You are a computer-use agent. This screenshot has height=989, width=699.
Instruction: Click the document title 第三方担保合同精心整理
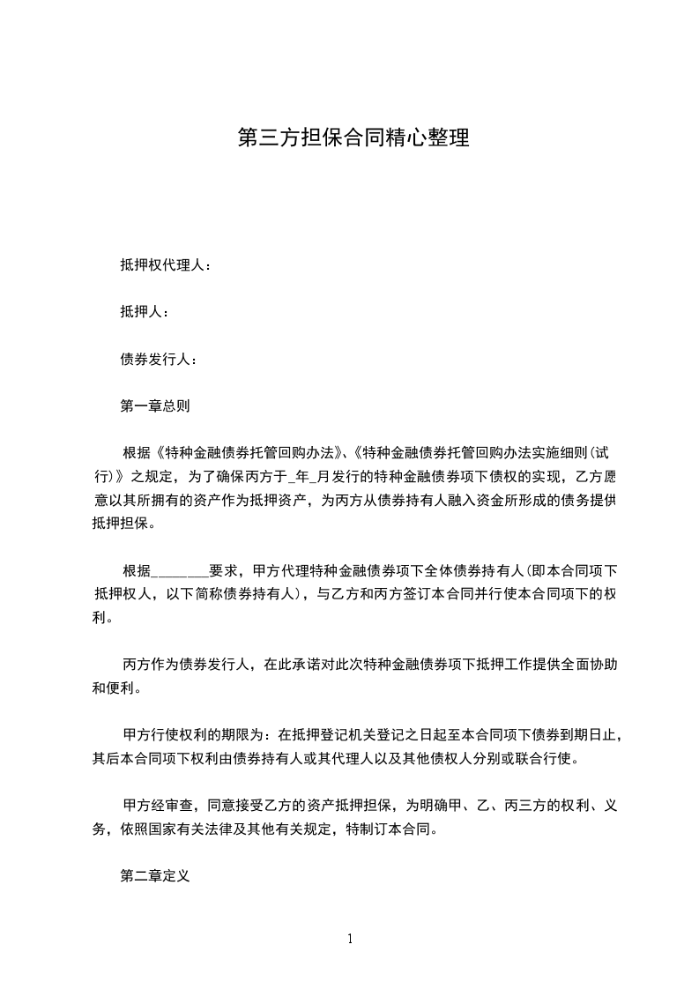[x=353, y=138]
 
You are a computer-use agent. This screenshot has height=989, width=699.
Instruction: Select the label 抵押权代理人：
[x=166, y=264]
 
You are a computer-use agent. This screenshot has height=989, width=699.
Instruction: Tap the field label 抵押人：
[x=145, y=311]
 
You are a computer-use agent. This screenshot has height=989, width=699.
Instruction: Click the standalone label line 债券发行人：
[x=159, y=359]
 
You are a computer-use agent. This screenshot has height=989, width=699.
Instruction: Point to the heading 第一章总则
[x=155, y=406]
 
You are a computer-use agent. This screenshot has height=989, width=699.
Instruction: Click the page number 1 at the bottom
[x=350, y=939]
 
